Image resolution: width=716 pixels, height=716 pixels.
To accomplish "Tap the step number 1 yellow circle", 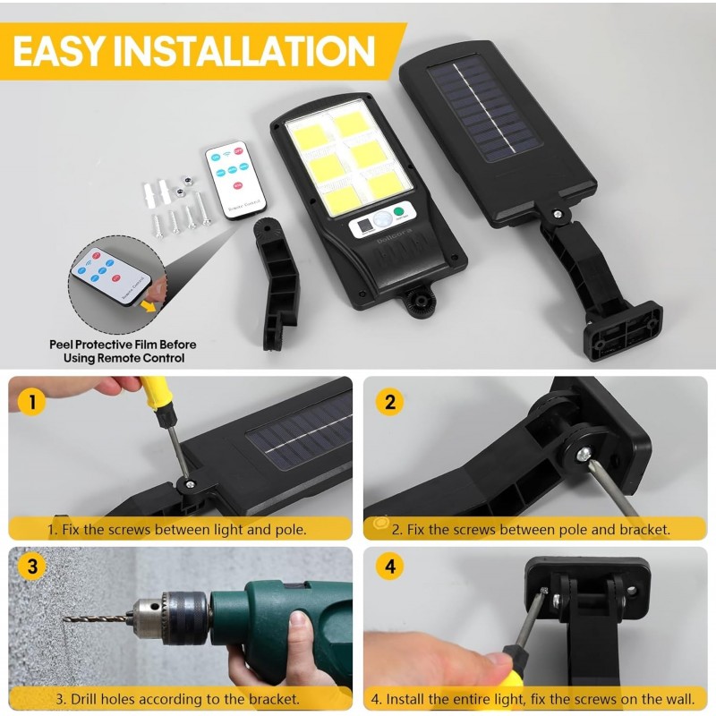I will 32,401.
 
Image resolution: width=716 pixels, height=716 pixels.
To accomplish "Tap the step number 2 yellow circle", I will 389,401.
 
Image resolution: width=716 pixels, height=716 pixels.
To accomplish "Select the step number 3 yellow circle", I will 32,567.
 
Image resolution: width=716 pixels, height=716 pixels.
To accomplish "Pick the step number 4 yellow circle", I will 389,567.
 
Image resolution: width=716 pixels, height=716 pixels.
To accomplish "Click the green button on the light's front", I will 400,213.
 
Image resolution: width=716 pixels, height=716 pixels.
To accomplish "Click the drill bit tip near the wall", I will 68,618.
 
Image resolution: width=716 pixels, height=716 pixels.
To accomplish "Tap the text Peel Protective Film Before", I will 124,345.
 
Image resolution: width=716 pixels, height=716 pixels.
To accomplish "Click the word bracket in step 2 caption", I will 644,530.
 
